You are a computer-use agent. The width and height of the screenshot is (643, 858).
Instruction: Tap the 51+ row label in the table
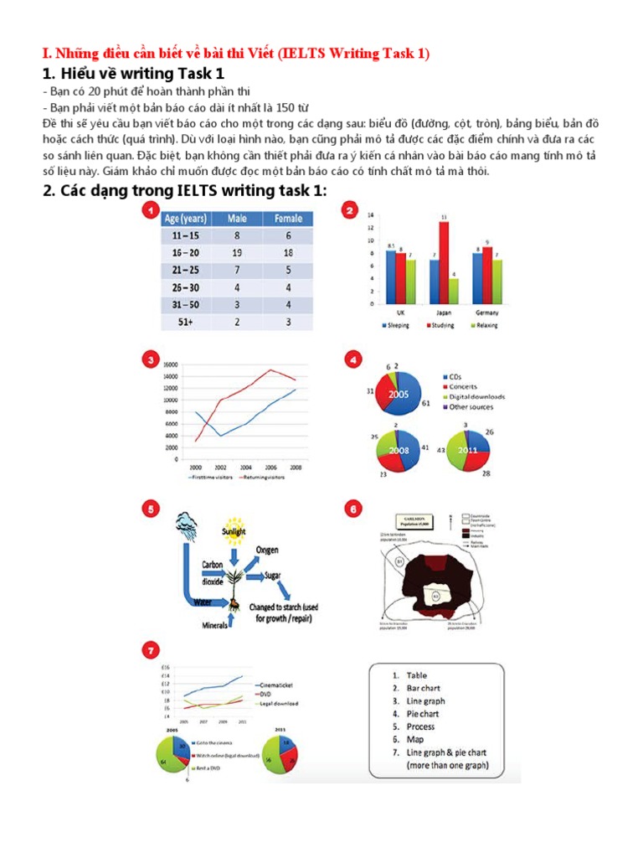[183, 321]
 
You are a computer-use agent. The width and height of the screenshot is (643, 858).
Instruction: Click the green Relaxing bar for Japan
[454, 290]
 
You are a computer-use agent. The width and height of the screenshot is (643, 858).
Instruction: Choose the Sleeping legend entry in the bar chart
[394, 325]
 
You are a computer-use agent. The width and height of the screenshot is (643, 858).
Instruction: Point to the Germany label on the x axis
[486, 313]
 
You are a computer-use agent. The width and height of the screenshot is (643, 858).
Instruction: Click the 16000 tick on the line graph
[170, 365]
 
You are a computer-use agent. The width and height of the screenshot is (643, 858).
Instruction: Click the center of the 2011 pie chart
[468, 450]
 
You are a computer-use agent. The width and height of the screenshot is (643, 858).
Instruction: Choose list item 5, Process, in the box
[420, 726]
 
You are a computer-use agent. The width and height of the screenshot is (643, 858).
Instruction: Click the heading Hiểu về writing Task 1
[133, 74]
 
